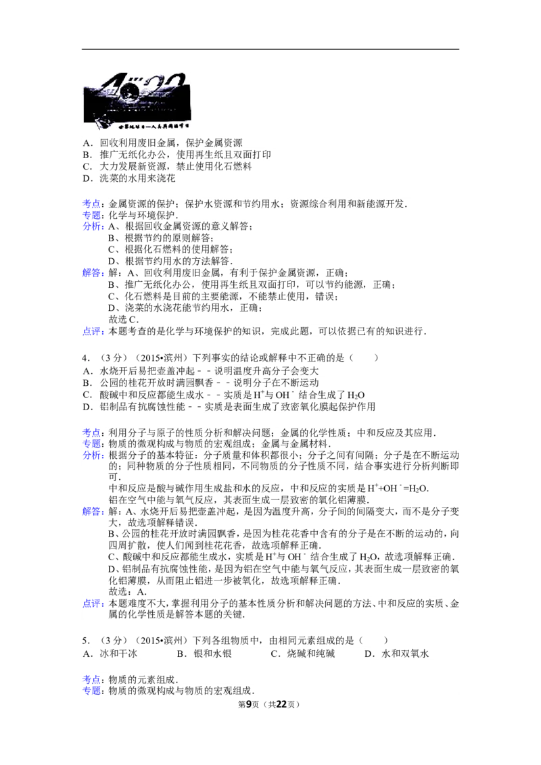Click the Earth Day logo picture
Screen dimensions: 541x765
click(138, 102)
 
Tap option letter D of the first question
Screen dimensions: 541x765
click(87, 179)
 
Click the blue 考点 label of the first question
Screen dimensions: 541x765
click(92, 204)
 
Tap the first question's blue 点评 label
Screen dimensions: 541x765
click(92, 331)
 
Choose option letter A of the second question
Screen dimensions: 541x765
click(87, 370)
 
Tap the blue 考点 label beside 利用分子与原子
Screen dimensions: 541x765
click(92, 433)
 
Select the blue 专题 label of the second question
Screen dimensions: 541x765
click(92, 444)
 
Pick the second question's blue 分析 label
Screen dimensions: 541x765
click(92, 456)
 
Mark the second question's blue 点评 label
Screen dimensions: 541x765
click(92, 603)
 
